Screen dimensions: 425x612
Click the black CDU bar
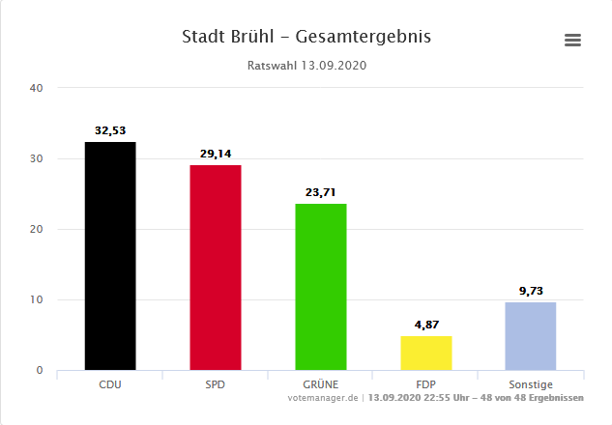(x=110, y=256)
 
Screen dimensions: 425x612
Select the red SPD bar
(x=215, y=268)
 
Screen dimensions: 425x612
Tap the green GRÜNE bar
(x=320, y=287)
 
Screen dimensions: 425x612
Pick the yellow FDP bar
(x=425, y=353)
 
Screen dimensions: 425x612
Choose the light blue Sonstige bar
(x=531, y=336)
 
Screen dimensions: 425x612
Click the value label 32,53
(x=110, y=130)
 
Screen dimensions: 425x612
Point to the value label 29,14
(x=215, y=154)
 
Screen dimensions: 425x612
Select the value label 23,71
(x=320, y=192)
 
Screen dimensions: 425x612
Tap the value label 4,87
(x=425, y=325)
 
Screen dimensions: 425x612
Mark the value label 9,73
(x=531, y=291)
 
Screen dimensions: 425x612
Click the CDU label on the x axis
(x=110, y=384)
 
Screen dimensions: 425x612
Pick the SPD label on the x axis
(x=215, y=384)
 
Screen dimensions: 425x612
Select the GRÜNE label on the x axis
(x=320, y=384)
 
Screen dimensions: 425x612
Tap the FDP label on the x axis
(x=425, y=384)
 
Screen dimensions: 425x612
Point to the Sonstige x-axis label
(x=531, y=384)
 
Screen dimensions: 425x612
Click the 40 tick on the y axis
(x=37, y=88)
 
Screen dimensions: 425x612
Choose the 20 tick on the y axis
(x=37, y=229)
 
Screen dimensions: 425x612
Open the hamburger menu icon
(x=572, y=40)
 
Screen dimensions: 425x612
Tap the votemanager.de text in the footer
(x=323, y=398)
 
